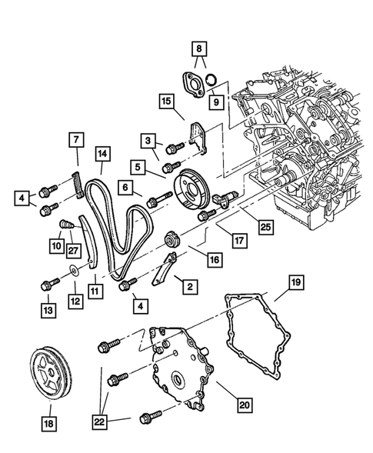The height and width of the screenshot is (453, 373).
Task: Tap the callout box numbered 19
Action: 295,283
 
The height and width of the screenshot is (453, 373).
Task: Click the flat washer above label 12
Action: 72,269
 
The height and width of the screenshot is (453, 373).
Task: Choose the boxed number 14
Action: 101,153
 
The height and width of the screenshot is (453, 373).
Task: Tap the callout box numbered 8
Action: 200,48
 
